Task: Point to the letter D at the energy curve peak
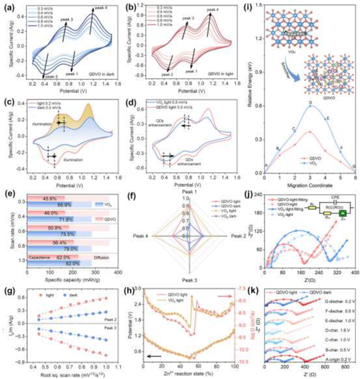[310, 102]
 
